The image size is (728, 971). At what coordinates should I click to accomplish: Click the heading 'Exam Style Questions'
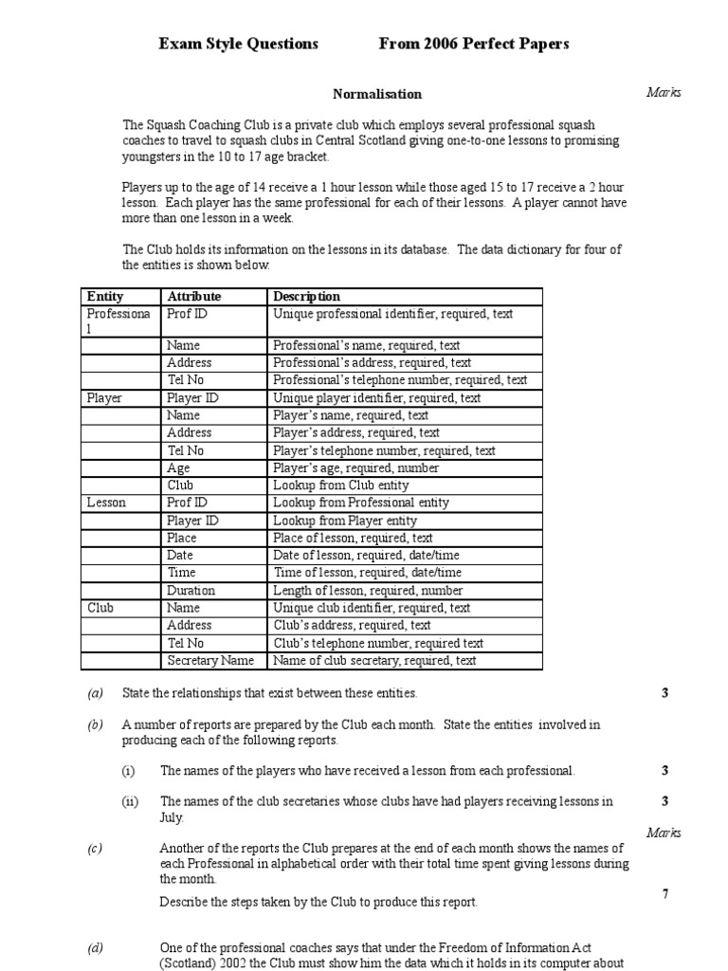click(x=238, y=44)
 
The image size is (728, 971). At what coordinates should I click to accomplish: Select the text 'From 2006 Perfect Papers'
click(x=474, y=44)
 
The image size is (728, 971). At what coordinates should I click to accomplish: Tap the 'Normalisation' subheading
click(x=377, y=94)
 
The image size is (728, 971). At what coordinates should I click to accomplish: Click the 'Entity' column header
click(x=105, y=297)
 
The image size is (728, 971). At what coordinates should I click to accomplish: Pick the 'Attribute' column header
click(x=194, y=297)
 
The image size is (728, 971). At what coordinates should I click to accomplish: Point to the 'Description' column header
click(x=306, y=297)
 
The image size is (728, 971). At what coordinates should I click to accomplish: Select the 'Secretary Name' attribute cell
click(x=210, y=661)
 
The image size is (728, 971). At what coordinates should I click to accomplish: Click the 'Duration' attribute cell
click(x=191, y=590)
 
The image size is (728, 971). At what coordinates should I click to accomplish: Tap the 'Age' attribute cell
click(x=178, y=467)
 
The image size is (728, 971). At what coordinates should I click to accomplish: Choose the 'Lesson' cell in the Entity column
click(x=106, y=503)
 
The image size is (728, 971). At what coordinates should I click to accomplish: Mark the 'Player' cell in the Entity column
click(x=104, y=398)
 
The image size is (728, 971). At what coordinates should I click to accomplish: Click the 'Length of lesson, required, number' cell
click(x=367, y=590)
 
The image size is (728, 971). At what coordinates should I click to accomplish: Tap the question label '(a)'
click(x=95, y=693)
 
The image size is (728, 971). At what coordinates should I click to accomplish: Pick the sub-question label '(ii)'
click(x=130, y=801)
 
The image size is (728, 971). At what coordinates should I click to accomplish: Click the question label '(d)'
click(x=95, y=948)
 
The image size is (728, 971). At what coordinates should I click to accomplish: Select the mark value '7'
click(x=665, y=894)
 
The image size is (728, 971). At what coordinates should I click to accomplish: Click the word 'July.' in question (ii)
click(x=173, y=817)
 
